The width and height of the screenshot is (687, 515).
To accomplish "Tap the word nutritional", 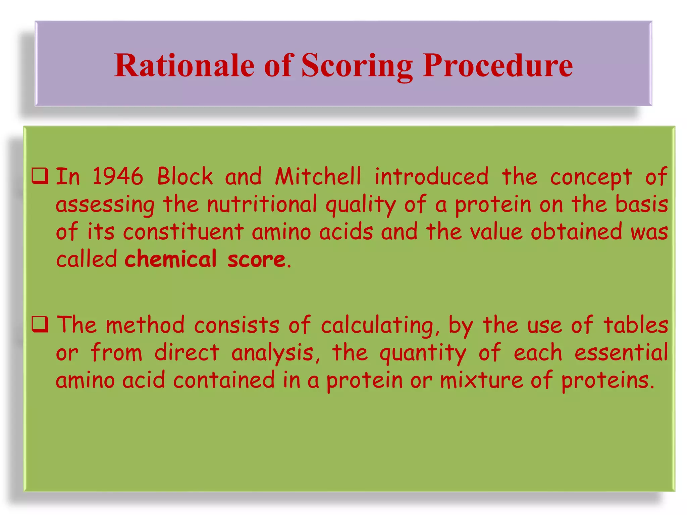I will tap(262, 204).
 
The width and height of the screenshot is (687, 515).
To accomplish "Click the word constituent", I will tap(183, 232).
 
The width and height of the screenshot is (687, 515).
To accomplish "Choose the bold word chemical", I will tap(170, 259).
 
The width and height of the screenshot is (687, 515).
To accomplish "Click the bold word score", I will tap(256, 259).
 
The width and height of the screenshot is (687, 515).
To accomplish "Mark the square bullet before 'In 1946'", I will tap(40, 177).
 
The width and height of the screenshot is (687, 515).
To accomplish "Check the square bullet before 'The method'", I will tap(40, 325).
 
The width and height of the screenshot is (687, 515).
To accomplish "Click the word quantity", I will tap(423, 353).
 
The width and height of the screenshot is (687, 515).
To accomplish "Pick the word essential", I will tap(621, 353).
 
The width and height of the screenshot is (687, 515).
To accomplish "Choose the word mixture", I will tap(481, 380).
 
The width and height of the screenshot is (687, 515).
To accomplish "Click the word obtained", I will tap(576, 232).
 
